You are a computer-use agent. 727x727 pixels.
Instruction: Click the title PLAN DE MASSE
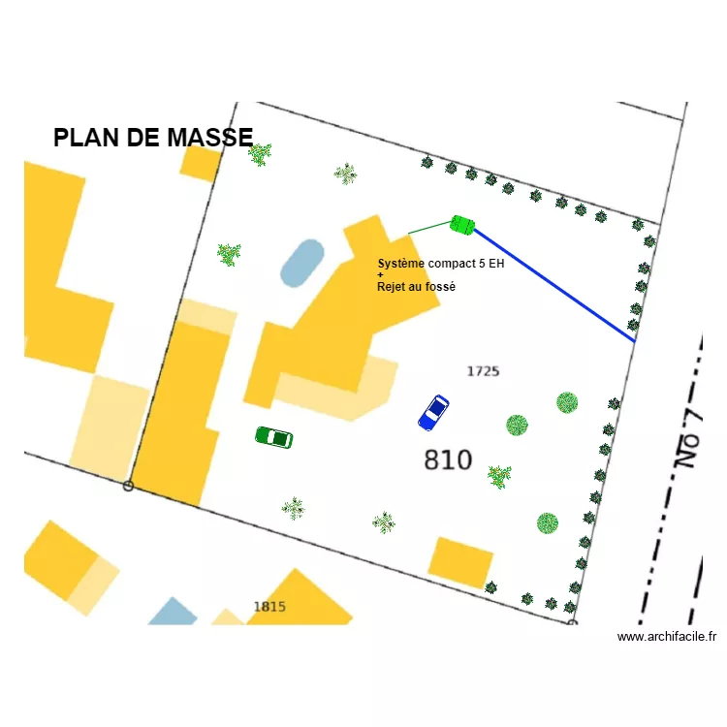click(153, 138)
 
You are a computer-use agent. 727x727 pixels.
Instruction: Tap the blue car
click(433, 412)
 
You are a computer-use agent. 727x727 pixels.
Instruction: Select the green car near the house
click(273, 438)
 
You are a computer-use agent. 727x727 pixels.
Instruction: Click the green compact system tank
click(462, 225)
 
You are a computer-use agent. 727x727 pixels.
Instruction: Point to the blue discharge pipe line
click(553, 285)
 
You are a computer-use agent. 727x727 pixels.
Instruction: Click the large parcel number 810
click(448, 459)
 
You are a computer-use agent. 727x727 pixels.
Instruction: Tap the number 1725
click(483, 371)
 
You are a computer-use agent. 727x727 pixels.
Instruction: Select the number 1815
click(269, 607)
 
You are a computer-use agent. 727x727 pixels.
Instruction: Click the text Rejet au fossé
click(416, 287)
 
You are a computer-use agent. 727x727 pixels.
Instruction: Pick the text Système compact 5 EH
click(441, 264)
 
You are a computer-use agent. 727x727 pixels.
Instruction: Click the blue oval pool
click(301, 263)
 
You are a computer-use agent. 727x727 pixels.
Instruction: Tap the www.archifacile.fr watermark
click(667, 637)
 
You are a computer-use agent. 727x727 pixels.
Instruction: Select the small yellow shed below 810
click(460, 562)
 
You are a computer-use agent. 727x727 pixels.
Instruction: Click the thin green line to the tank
click(428, 228)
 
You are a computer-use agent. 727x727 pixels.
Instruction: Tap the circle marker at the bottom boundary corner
click(571, 622)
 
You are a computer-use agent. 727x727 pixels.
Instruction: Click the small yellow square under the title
click(201, 163)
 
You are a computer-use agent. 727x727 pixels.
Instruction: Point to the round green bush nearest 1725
click(518, 425)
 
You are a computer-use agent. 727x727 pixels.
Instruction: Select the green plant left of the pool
click(229, 254)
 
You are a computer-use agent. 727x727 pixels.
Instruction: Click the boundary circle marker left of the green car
click(128, 486)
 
